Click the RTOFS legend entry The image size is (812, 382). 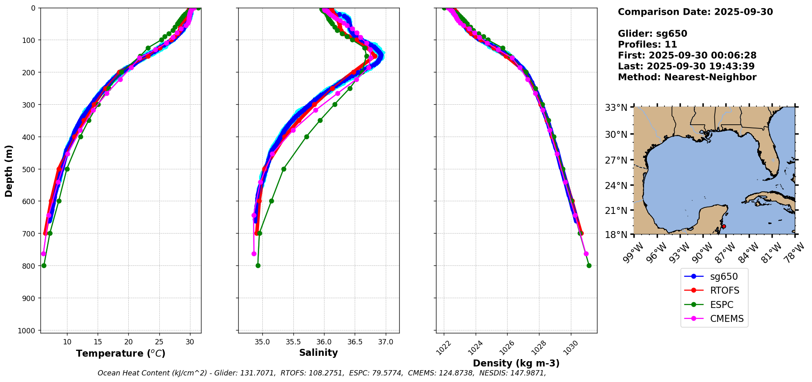(724, 290)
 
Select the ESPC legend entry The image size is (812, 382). (721, 305)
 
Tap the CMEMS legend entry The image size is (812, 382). (727, 319)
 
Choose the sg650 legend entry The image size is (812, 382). (724, 276)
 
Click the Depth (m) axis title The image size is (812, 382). (9, 171)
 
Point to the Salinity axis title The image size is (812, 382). (318, 353)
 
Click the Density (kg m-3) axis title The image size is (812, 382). (516, 363)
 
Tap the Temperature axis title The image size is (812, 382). (121, 353)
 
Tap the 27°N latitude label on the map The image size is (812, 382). (616, 160)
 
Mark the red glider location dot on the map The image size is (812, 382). (724, 226)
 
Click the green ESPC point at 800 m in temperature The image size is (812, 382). (44, 265)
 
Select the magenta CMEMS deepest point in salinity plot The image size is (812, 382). (254, 254)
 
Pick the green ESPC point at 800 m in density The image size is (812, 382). (589, 265)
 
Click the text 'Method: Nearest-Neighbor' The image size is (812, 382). (687, 77)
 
